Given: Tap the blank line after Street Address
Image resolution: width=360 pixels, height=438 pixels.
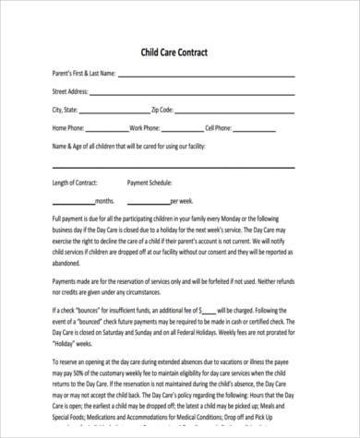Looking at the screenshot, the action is [x=193, y=92].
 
